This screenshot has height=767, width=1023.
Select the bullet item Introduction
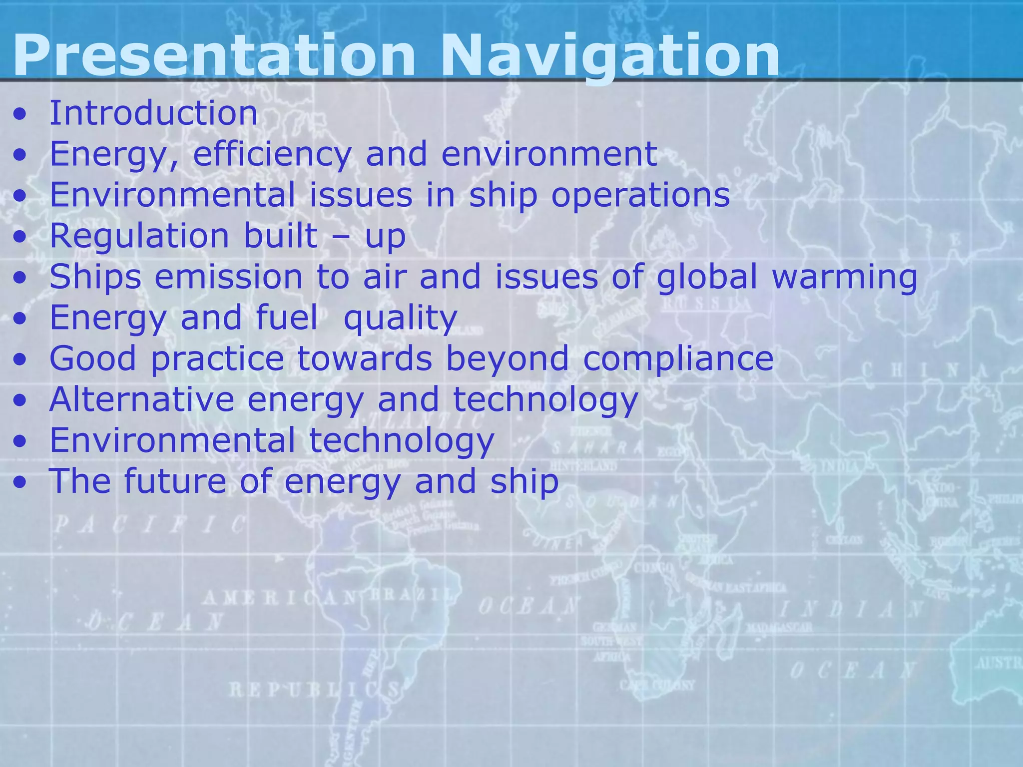tap(153, 113)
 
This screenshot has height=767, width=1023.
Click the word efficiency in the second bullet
tap(272, 154)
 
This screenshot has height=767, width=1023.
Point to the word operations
tap(640, 195)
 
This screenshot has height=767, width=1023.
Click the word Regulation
tap(139, 236)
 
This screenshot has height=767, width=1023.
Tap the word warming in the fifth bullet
tap(845, 277)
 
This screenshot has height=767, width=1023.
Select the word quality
tap(400, 318)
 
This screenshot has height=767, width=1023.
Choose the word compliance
tap(678, 359)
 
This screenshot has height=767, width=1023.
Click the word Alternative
tap(142, 400)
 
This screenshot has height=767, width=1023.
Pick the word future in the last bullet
tap(175, 482)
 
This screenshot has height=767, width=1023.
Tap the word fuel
tap(286, 318)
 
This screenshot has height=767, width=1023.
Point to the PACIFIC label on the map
tap(150, 525)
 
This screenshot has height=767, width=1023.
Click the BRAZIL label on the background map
tap(412, 595)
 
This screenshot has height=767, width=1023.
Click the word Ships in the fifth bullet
tap(95, 277)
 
